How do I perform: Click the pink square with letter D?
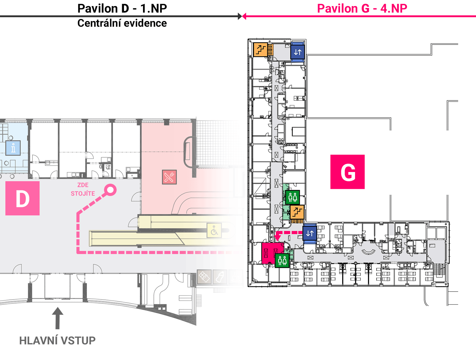point(22,198)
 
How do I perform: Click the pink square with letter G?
point(347,172)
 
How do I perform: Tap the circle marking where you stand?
point(110,190)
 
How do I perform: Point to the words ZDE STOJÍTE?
point(83,189)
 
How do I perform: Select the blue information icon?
point(13,148)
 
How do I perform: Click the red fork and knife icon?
point(169,177)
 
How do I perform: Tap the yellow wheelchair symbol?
point(214,230)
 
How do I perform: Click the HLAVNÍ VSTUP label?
point(57,340)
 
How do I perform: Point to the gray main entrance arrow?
point(57,318)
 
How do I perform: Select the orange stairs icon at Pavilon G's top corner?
point(260,50)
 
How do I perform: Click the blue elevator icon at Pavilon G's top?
point(297,52)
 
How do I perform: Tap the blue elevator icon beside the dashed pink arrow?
point(310,233)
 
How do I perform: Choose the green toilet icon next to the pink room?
point(282,260)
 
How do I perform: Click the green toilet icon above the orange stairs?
point(292,197)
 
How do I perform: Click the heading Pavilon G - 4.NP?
point(362,9)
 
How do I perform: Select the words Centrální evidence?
point(122,23)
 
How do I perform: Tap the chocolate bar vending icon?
point(204,277)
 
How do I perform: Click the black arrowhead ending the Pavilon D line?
point(240,16)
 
